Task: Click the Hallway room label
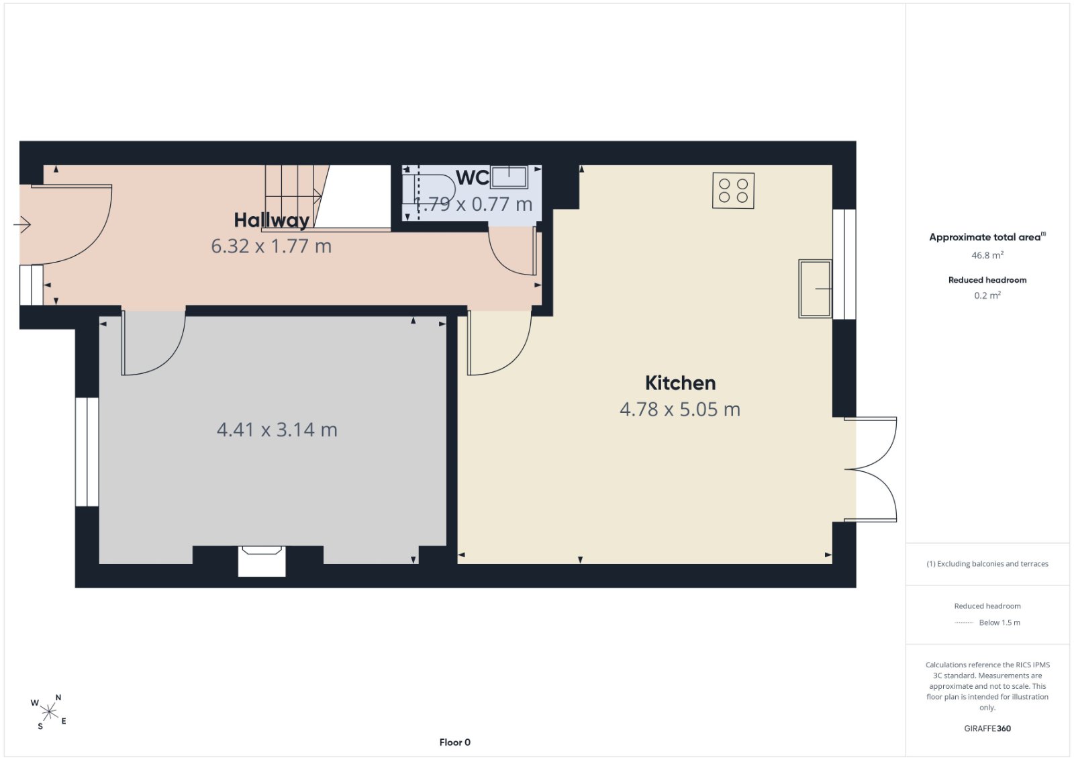[271, 220]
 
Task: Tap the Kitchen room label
[681, 383]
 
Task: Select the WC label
[473, 178]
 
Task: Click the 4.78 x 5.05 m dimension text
[680, 409]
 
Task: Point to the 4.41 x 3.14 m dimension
[277, 429]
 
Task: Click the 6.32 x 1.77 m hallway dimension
[271, 246]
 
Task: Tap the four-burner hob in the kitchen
[733, 191]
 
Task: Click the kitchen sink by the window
[815, 289]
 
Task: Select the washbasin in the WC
[509, 177]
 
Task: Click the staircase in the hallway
[297, 197]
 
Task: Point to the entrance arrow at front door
[22, 224]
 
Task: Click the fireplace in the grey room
[262, 561]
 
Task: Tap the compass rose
[49, 712]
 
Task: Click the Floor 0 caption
[455, 743]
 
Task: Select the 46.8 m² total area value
[987, 255]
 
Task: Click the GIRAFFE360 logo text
[987, 728]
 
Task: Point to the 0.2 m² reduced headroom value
[987, 295]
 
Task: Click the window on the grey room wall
[87, 452]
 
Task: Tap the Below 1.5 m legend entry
[987, 622]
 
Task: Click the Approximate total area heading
[987, 236]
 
